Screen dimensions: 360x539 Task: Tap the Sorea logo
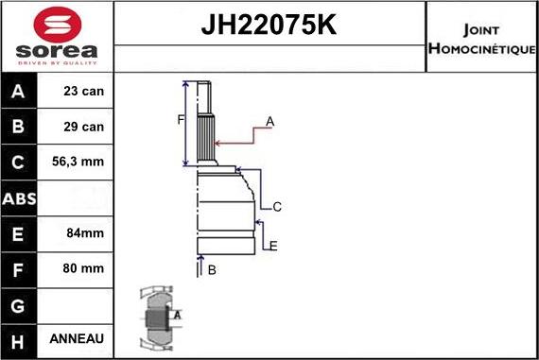tap(56, 37)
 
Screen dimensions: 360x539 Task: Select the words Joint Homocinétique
tap(482, 37)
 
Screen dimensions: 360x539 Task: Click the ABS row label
tap(20, 197)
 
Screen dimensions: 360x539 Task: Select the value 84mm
tap(79, 232)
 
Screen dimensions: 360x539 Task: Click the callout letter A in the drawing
tap(269, 121)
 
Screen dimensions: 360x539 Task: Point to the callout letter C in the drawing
tap(277, 207)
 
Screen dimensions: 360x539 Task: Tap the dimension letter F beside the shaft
tap(179, 119)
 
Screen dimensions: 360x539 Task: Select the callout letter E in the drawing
tap(272, 247)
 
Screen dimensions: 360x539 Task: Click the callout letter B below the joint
tap(212, 270)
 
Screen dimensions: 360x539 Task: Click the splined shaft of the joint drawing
tap(206, 132)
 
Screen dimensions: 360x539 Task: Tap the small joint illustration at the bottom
tap(157, 318)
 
